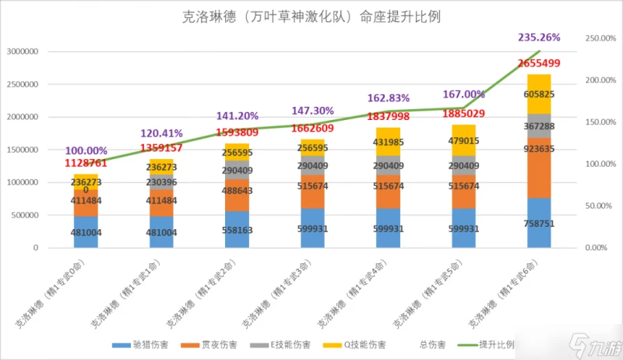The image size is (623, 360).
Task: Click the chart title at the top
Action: pyautogui.click(x=311, y=16)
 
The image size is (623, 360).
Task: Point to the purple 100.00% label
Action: pyautogui.click(x=86, y=150)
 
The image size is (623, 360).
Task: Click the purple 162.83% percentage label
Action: pyautogui.click(x=389, y=98)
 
